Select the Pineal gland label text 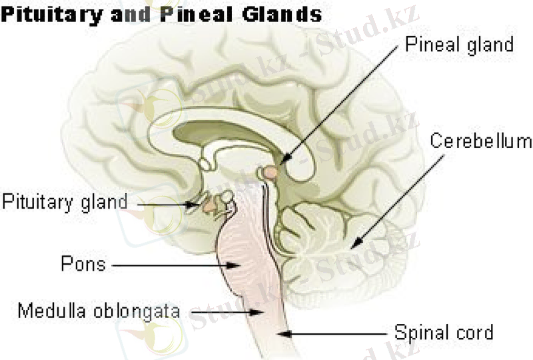460,45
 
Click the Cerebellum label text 480,141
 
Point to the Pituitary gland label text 64,201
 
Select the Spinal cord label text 444,331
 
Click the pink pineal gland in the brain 270,173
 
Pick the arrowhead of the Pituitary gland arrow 197,203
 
